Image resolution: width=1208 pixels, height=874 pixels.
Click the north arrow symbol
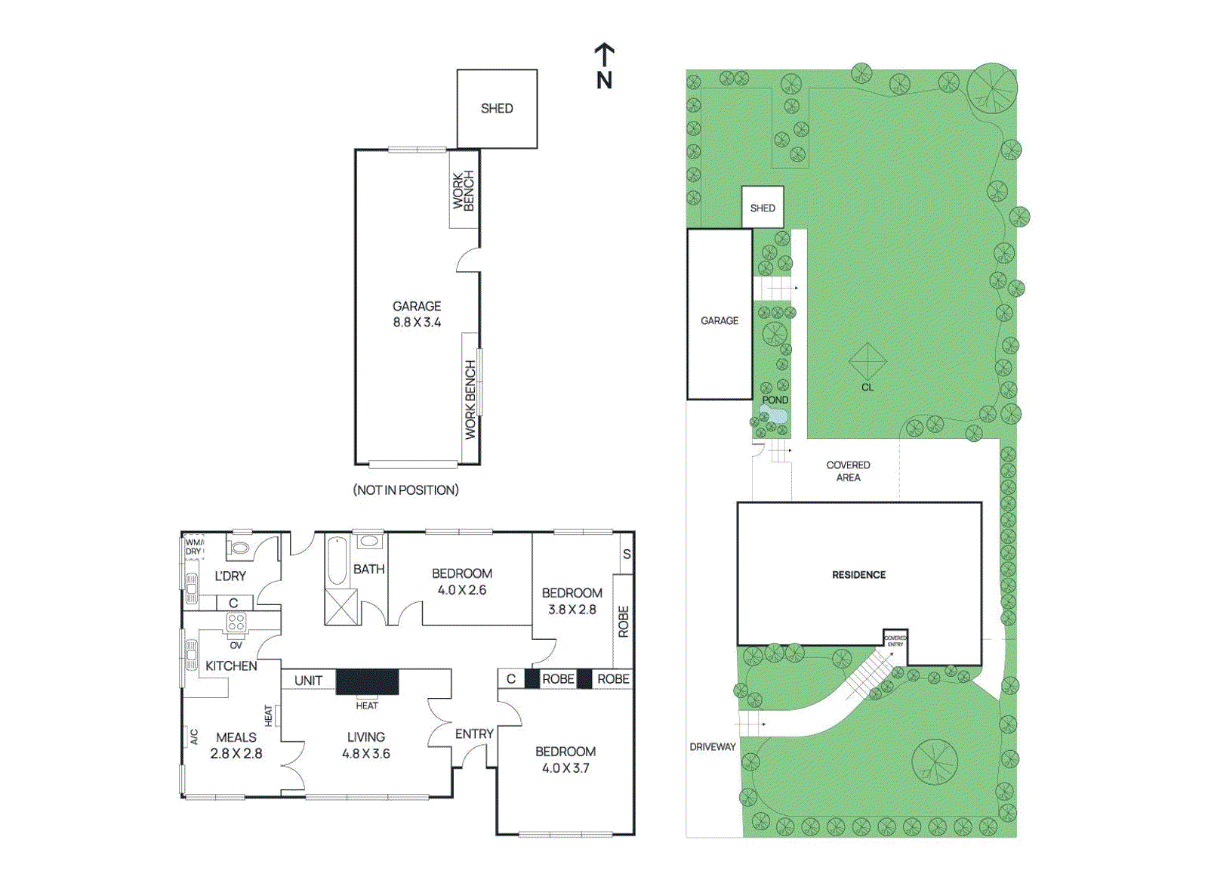pyautogui.click(x=604, y=66)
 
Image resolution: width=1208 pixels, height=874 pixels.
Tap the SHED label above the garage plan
pyautogui.click(x=496, y=109)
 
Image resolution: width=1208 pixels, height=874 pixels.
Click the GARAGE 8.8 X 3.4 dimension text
pyautogui.click(x=417, y=314)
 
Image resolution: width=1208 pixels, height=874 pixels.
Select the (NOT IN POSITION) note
pyautogui.click(x=405, y=490)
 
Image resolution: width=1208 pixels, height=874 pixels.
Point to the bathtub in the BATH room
pyautogui.click(x=337, y=561)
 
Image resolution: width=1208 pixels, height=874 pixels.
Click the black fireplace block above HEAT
pyautogui.click(x=367, y=682)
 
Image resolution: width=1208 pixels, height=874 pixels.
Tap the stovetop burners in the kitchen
pyautogui.click(x=236, y=622)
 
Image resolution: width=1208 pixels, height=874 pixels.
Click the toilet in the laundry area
pyautogui.click(x=240, y=548)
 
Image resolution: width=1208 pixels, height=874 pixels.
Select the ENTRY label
pyautogui.click(x=474, y=733)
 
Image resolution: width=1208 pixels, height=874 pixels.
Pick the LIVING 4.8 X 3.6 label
pyautogui.click(x=366, y=745)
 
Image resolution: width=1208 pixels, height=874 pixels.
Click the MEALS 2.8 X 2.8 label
pyautogui.click(x=236, y=745)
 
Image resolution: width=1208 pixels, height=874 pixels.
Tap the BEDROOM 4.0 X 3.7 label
pyautogui.click(x=565, y=759)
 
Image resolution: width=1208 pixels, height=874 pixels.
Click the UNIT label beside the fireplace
pyautogui.click(x=308, y=681)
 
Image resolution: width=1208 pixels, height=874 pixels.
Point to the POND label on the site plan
pyautogui.click(x=775, y=400)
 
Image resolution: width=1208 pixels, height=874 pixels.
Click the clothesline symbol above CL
pyautogui.click(x=867, y=362)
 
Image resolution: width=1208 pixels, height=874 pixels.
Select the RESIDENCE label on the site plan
pyautogui.click(x=858, y=575)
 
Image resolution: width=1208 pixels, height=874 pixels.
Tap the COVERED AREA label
pyautogui.click(x=848, y=471)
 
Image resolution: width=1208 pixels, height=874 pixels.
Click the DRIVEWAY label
pyautogui.click(x=712, y=746)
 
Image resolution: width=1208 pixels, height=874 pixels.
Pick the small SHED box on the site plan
pyautogui.click(x=763, y=208)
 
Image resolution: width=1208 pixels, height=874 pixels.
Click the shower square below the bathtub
pyautogui.click(x=341, y=607)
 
